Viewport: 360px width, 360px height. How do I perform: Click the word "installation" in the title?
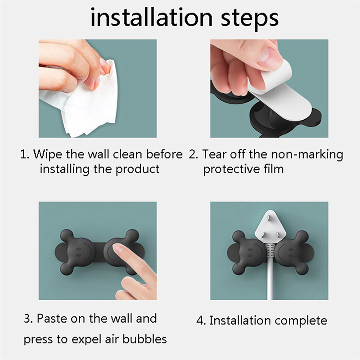pyautogui.click(x=152, y=18)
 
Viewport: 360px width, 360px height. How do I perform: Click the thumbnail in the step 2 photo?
pyautogui.click(x=269, y=58)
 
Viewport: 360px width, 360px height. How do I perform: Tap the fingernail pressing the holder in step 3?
pyautogui.click(x=118, y=248)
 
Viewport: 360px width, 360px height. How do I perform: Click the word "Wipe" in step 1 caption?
pyautogui.click(x=48, y=154)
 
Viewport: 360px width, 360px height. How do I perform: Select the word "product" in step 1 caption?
pyautogui.click(x=138, y=170)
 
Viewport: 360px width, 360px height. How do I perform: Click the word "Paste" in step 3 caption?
pyautogui.click(x=52, y=319)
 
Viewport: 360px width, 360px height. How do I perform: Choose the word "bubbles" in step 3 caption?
pyautogui.click(x=144, y=339)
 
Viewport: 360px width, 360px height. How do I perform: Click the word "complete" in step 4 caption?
pyautogui.click(x=301, y=321)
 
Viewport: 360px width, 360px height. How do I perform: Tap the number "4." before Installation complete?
pyautogui.click(x=201, y=320)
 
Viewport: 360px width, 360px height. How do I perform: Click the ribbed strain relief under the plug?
pyautogui.click(x=270, y=252)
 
